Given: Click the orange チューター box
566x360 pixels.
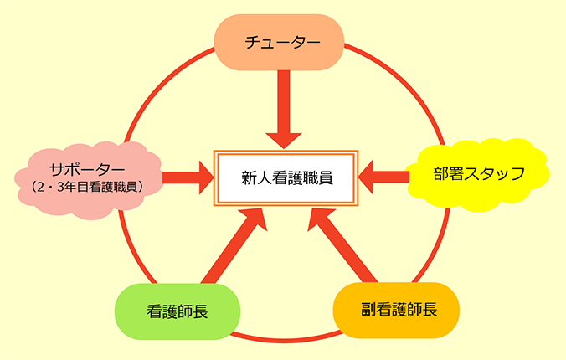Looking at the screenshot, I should pyautogui.click(x=280, y=41).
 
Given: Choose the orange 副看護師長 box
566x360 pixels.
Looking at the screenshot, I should pyautogui.click(x=397, y=309).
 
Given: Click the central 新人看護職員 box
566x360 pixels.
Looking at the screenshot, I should pyautogui.click(x=286, y=177).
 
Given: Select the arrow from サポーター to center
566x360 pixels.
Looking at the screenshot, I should pyautogui.click(x=186, y=177).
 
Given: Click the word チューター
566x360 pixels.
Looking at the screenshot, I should pyautogui.click(x=280, y=41).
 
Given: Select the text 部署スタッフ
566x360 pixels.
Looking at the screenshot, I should pyautogui.click(x=478, y=174).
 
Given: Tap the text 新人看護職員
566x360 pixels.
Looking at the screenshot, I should pyautogui.click(x=286, y=177).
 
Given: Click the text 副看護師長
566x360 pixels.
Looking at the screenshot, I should pyautogui.click(x=397, y=309).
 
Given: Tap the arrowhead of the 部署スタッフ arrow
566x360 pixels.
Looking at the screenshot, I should pyautogui.click(x=370, y=176).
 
